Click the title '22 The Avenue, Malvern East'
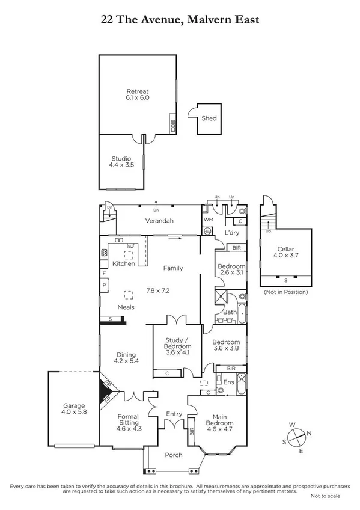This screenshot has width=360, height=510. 180,20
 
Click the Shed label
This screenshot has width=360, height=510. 209,118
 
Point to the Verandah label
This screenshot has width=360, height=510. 159,221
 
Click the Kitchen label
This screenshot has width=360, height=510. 123,264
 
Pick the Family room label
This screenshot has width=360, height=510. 173,268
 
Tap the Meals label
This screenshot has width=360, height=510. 126,307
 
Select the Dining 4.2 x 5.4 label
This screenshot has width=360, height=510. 126,358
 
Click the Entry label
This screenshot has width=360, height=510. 174,414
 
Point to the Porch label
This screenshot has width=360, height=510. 174,455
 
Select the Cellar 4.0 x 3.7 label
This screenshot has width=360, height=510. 285,253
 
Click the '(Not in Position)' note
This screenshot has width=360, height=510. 285,292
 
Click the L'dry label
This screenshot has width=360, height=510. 233,233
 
